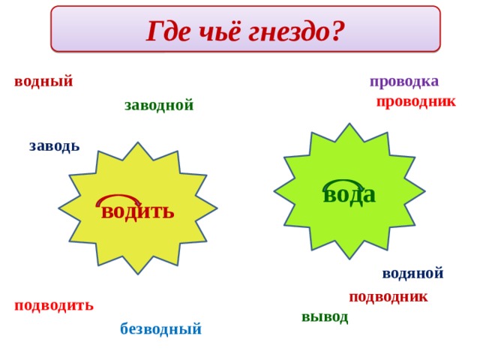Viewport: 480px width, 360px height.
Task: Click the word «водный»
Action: (x=43, y=81)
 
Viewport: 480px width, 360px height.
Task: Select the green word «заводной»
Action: (x=159, y=105)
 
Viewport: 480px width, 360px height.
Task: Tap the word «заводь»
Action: (x=54, y=145)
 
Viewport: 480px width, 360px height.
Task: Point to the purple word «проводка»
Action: (x=404, y=81)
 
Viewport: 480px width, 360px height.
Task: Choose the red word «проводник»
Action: (x=415, y=102)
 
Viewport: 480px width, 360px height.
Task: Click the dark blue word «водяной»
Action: (x=412, y=273)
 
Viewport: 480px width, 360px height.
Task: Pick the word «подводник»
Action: (x=388, y=296)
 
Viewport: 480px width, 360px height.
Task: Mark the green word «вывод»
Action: (x=325, y=316)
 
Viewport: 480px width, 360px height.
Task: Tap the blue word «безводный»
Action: (x=160, y=328)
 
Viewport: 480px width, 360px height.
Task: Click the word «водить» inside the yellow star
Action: (x=138, y=211)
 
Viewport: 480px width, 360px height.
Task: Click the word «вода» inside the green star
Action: (x=349, y=194)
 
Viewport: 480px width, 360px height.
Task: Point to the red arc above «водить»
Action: (x=118, y=199)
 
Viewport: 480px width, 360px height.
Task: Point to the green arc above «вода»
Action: (x=342, y=183)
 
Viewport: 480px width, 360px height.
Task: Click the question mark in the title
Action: (x=337, y=31)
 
